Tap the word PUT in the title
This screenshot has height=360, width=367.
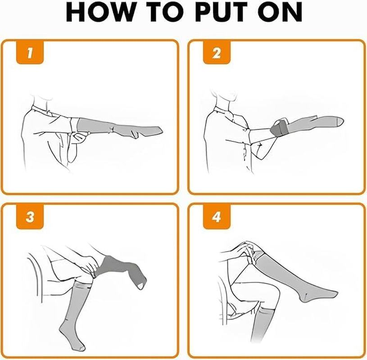[220, 12]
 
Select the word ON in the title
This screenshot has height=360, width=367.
[280, 12]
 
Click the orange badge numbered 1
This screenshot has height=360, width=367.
[30, 52]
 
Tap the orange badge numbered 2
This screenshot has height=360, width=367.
[217, 52]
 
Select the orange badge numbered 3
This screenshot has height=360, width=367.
[30, 216]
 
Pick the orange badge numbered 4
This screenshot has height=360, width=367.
[217, 216]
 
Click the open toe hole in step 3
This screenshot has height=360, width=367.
[140, 285]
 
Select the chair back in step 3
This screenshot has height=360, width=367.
[35, 276]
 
